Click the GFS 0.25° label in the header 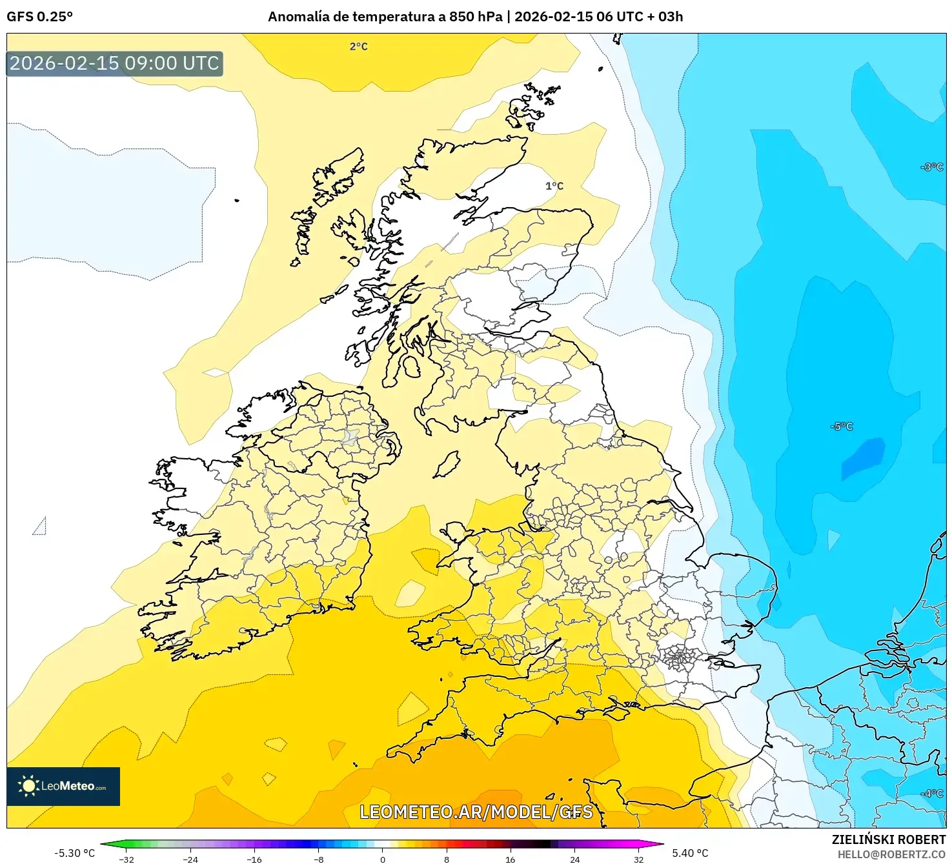coord(39,17)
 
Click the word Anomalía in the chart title coord(298,17)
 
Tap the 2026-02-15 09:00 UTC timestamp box coord(115,63)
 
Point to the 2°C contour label coord(358,46)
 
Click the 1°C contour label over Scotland coord(554,186)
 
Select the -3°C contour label coord(931,167)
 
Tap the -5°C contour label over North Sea coord(842,427)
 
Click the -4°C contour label coord(931,793)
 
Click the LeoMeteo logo coord(63,786)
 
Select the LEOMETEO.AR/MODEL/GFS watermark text coord(476,812)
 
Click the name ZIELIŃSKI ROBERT coord(888,839)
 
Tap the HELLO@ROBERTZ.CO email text coord(891,854)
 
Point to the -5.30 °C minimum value coord(74,853)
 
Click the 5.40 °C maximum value coord(690,853)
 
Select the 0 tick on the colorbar coord(383,859)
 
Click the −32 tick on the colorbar coord(127,859)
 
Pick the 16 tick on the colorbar coord(511,859)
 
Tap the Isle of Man coord(447,465)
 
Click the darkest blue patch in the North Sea coord(864,457)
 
